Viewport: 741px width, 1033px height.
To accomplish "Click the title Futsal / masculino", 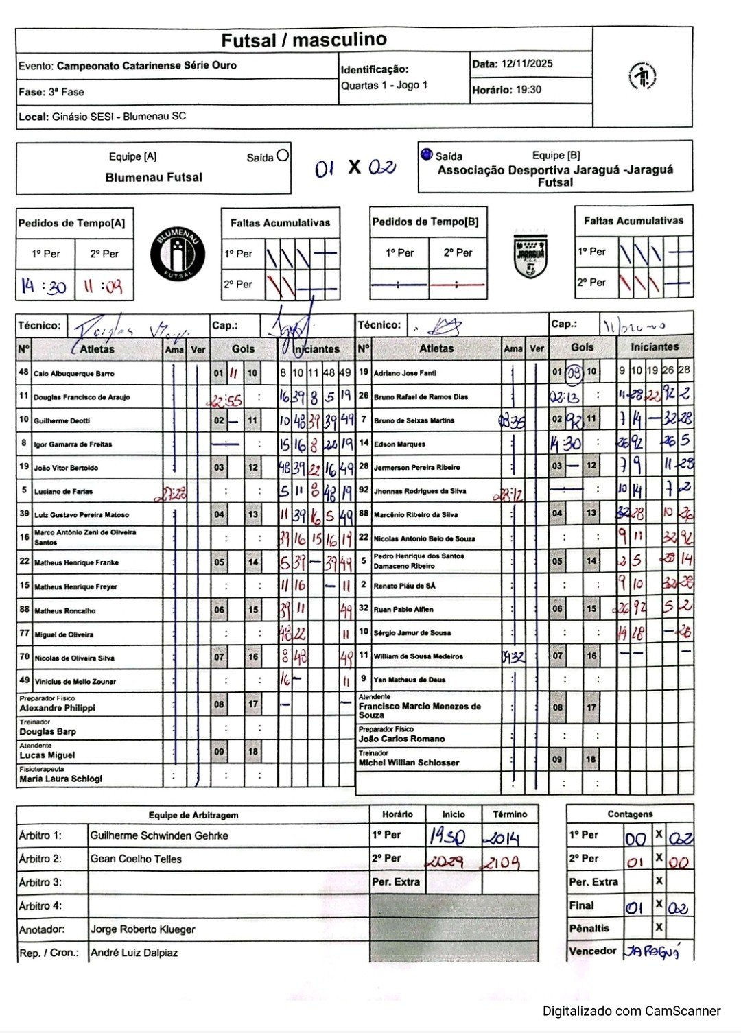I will click(303, 40).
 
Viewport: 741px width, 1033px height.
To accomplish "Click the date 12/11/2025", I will click(527, 64).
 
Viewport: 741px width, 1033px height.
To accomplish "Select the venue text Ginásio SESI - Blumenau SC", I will click(119, 117).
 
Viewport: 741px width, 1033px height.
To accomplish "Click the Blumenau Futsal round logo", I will click(177, 253).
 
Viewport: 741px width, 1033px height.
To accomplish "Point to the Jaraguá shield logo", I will click(530, 255).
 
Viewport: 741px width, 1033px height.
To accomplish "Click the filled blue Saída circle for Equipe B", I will click(426, 154).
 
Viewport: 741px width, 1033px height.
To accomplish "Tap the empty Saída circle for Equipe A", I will click(282, 156).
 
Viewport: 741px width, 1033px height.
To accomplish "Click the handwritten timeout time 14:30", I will click(44, 285).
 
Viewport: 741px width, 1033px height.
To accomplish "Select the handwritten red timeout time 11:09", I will click(103, 285).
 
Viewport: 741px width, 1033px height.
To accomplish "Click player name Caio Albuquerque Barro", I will click(74, 374).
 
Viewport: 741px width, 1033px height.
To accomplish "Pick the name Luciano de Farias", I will click(63, 491).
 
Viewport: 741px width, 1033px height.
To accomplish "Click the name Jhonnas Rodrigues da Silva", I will click(420, 491).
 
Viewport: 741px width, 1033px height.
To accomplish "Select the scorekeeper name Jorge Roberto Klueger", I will click(143, 929).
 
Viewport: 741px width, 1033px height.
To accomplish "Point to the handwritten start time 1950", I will click(447, 837).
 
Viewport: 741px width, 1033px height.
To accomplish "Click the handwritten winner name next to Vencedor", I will click(651, 951).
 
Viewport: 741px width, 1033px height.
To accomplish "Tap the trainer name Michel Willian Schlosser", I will click(409, 763).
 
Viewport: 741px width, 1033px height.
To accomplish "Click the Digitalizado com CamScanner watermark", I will click(631, 1011).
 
